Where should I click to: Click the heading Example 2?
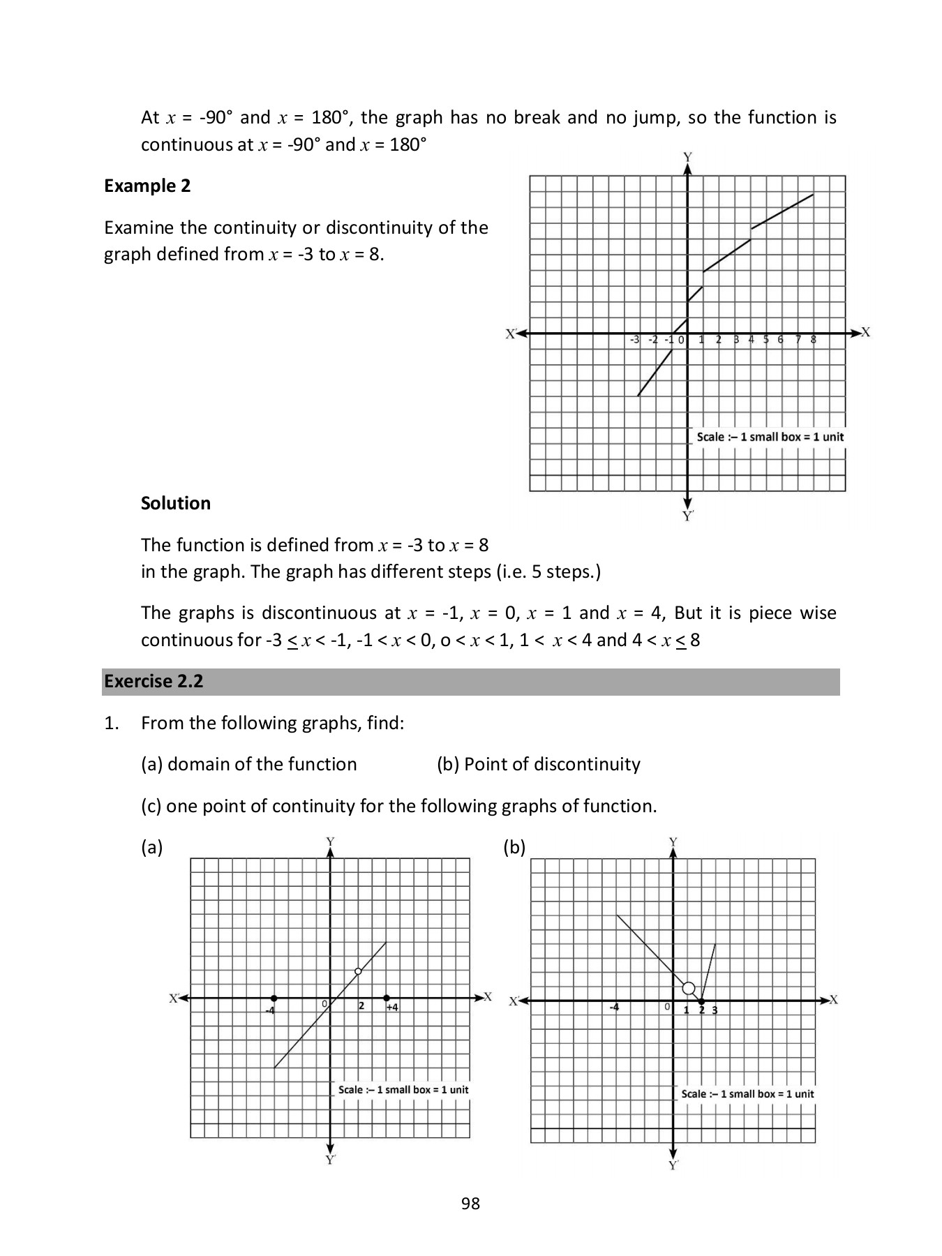[147, 186]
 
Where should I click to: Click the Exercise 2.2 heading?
[154, 681]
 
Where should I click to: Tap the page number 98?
[470, 1203]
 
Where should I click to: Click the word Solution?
[176, 503]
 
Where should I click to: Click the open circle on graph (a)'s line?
[358, 971]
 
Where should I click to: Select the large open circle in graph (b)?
[688, 988]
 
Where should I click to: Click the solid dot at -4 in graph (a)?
[274, 999]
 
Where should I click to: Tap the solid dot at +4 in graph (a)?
[387, 999]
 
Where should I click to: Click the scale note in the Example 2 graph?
[770, 437]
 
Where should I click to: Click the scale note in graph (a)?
[403, 1089]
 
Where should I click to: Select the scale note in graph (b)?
[747, 1093]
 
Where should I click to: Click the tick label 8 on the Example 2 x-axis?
[813, 340]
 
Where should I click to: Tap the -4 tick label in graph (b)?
[613, 1008]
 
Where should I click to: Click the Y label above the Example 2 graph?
[687, 157]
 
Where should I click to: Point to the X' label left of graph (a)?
[174, 998]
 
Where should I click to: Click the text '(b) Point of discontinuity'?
[538, 764]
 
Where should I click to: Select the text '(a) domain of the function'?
[248, 764]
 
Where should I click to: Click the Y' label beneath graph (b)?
[673, 1165]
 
